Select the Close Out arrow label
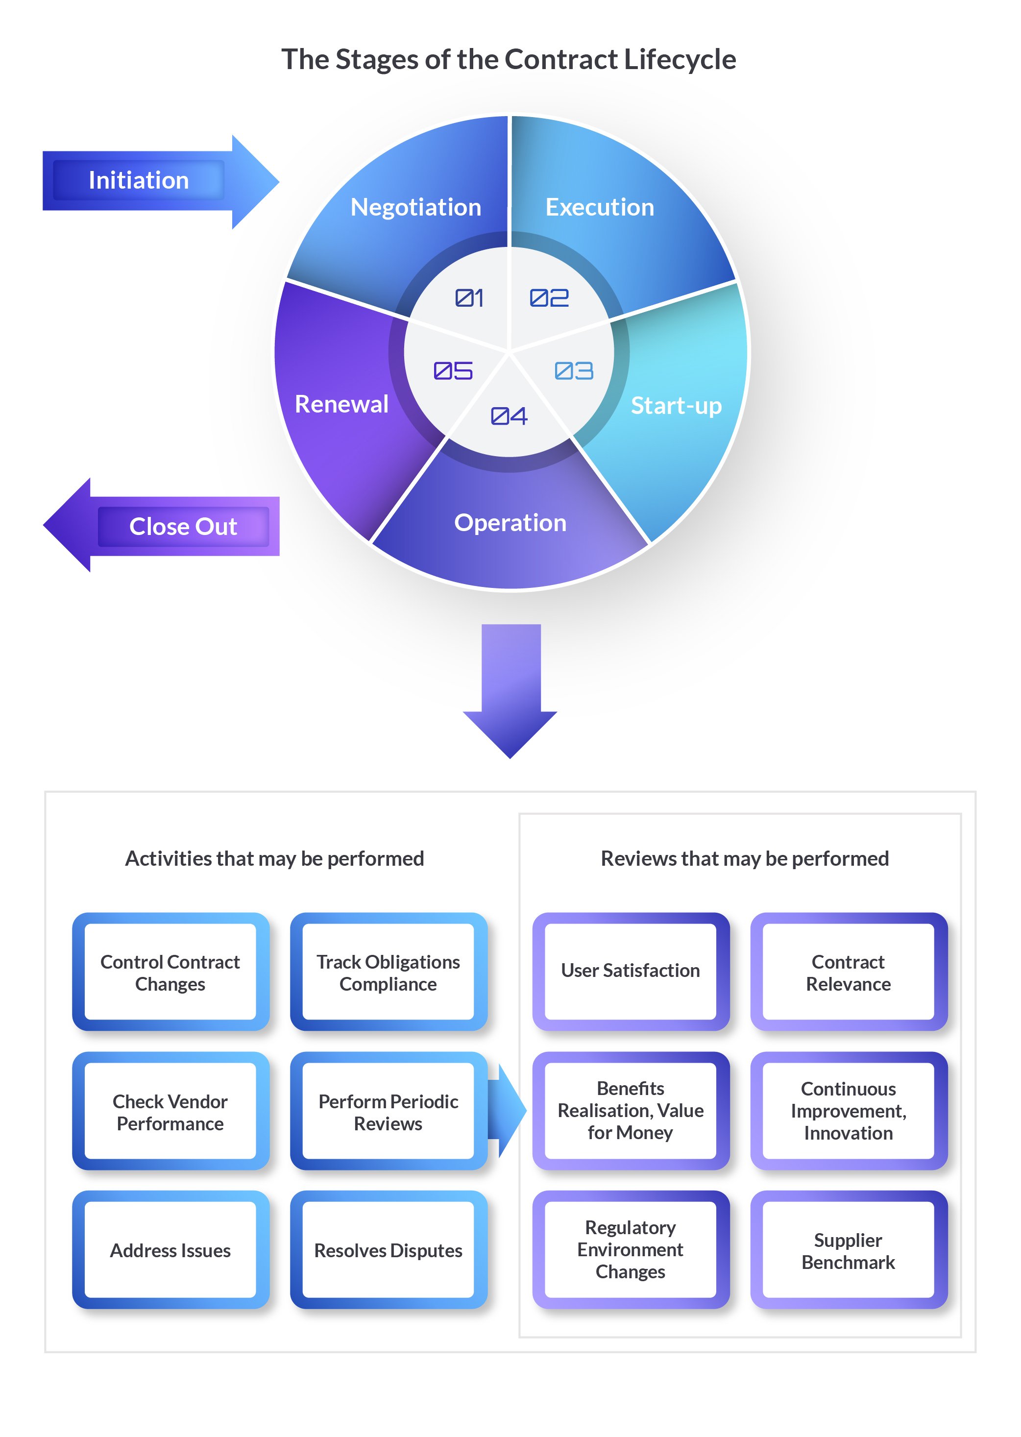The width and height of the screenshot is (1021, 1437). pos(183,527)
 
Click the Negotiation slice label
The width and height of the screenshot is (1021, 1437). pos(415,207)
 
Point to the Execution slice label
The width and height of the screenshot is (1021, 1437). pos(599,207)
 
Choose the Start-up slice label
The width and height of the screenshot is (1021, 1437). pos(676,406)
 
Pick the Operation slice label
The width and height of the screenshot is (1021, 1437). pos(510,523)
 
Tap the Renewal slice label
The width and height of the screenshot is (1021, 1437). pos(341,404)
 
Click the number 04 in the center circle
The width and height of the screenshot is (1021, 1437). pos(509,416)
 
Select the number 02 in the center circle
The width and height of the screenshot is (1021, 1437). pos(549,298)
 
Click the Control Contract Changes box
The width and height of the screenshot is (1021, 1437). pos(170,973)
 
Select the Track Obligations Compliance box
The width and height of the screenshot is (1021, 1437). pos(388,973)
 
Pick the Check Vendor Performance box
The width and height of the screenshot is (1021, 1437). pos(170,1112)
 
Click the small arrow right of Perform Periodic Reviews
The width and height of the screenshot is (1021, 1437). pos(508,1111)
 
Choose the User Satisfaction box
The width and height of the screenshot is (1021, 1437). pos(630,971)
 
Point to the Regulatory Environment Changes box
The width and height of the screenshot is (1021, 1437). pos(630,1250)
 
